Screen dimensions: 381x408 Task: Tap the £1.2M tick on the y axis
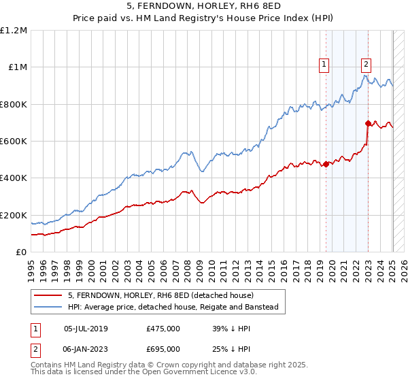(x=14, y=31)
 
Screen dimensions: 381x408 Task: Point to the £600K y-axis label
(x=14, y=142)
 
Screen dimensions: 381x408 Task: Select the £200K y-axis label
(x=14, y=215)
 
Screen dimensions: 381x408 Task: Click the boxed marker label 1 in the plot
(x=324, y=65)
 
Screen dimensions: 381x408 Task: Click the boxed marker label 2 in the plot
(x=366, y=65)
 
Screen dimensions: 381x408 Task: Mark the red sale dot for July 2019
(x=326, y=164)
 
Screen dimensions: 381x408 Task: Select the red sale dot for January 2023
(x=368, y=124)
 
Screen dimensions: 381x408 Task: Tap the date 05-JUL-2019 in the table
(x=86, y=329)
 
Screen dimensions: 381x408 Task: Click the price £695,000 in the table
(x=163, y=349)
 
